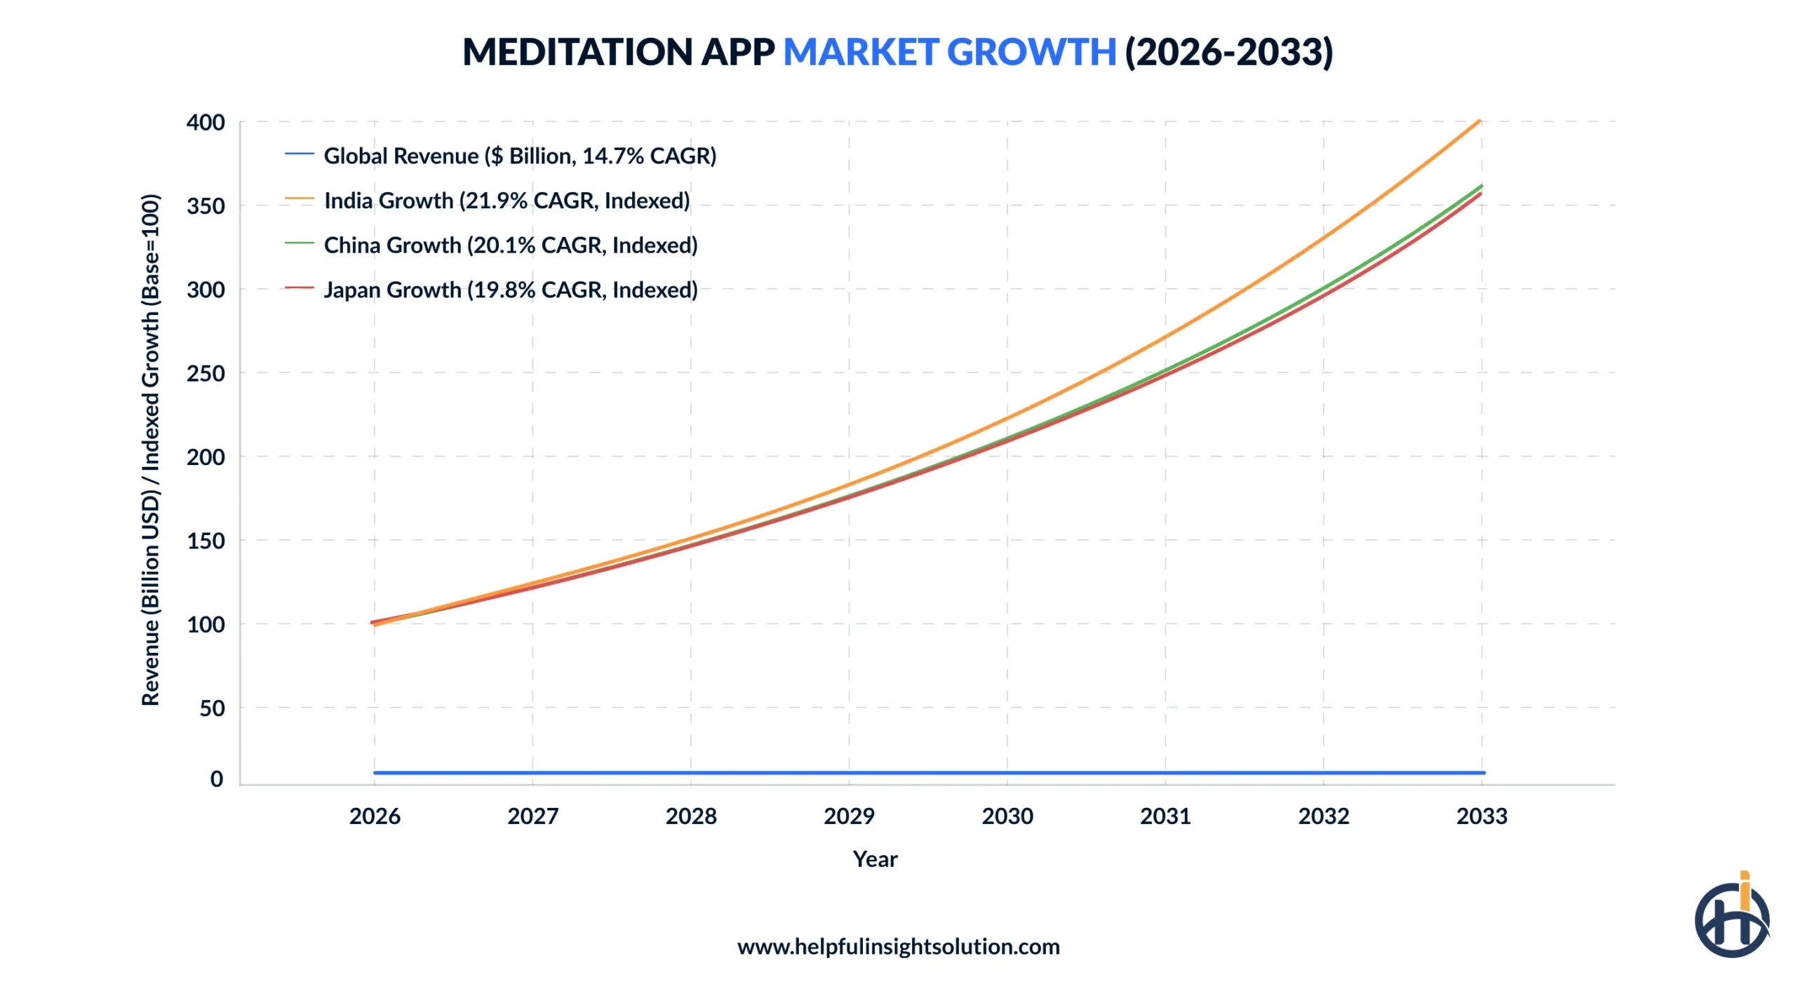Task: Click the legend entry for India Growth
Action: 506,201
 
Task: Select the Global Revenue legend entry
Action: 519,156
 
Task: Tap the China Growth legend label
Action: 510,245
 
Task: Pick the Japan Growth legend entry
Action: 510,290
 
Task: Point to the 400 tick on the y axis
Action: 206,123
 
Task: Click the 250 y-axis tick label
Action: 206,373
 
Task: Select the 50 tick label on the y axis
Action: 212,708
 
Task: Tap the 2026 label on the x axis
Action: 375,816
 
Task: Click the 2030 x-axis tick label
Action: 1007,816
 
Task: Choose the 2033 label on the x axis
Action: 1481,816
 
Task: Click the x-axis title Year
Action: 875,858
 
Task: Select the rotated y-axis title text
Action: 151,449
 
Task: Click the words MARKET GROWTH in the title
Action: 949,52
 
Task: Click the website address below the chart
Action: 898,946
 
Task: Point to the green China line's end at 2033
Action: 1481,186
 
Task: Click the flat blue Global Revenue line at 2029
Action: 849,772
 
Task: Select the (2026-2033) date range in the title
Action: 1228,52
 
